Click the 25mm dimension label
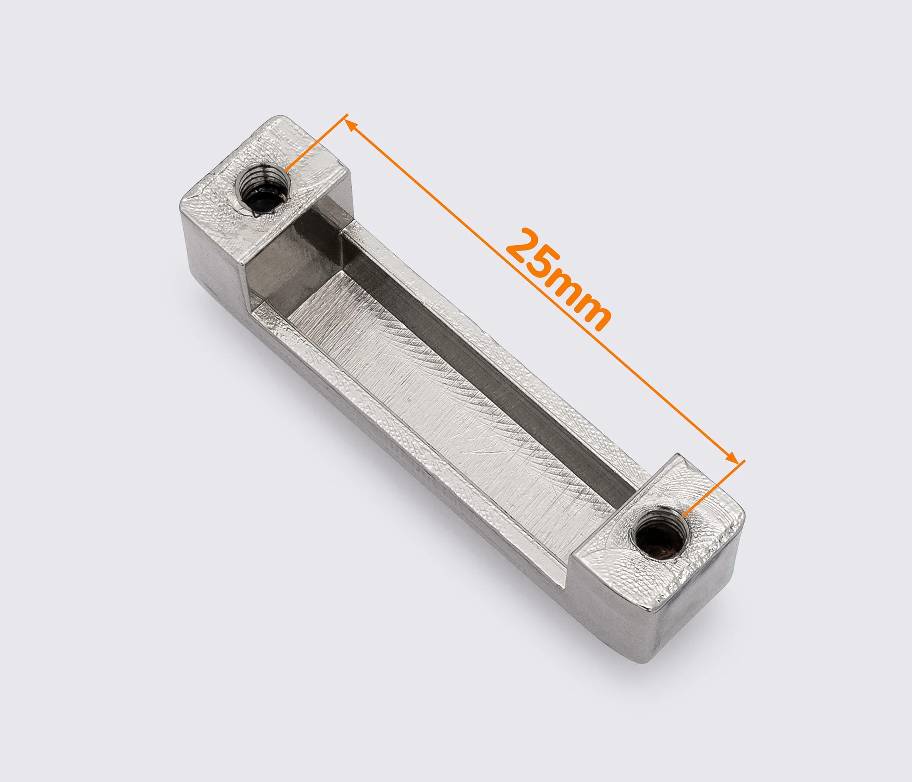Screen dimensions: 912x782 pyautogui.click(x=559, y=281)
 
